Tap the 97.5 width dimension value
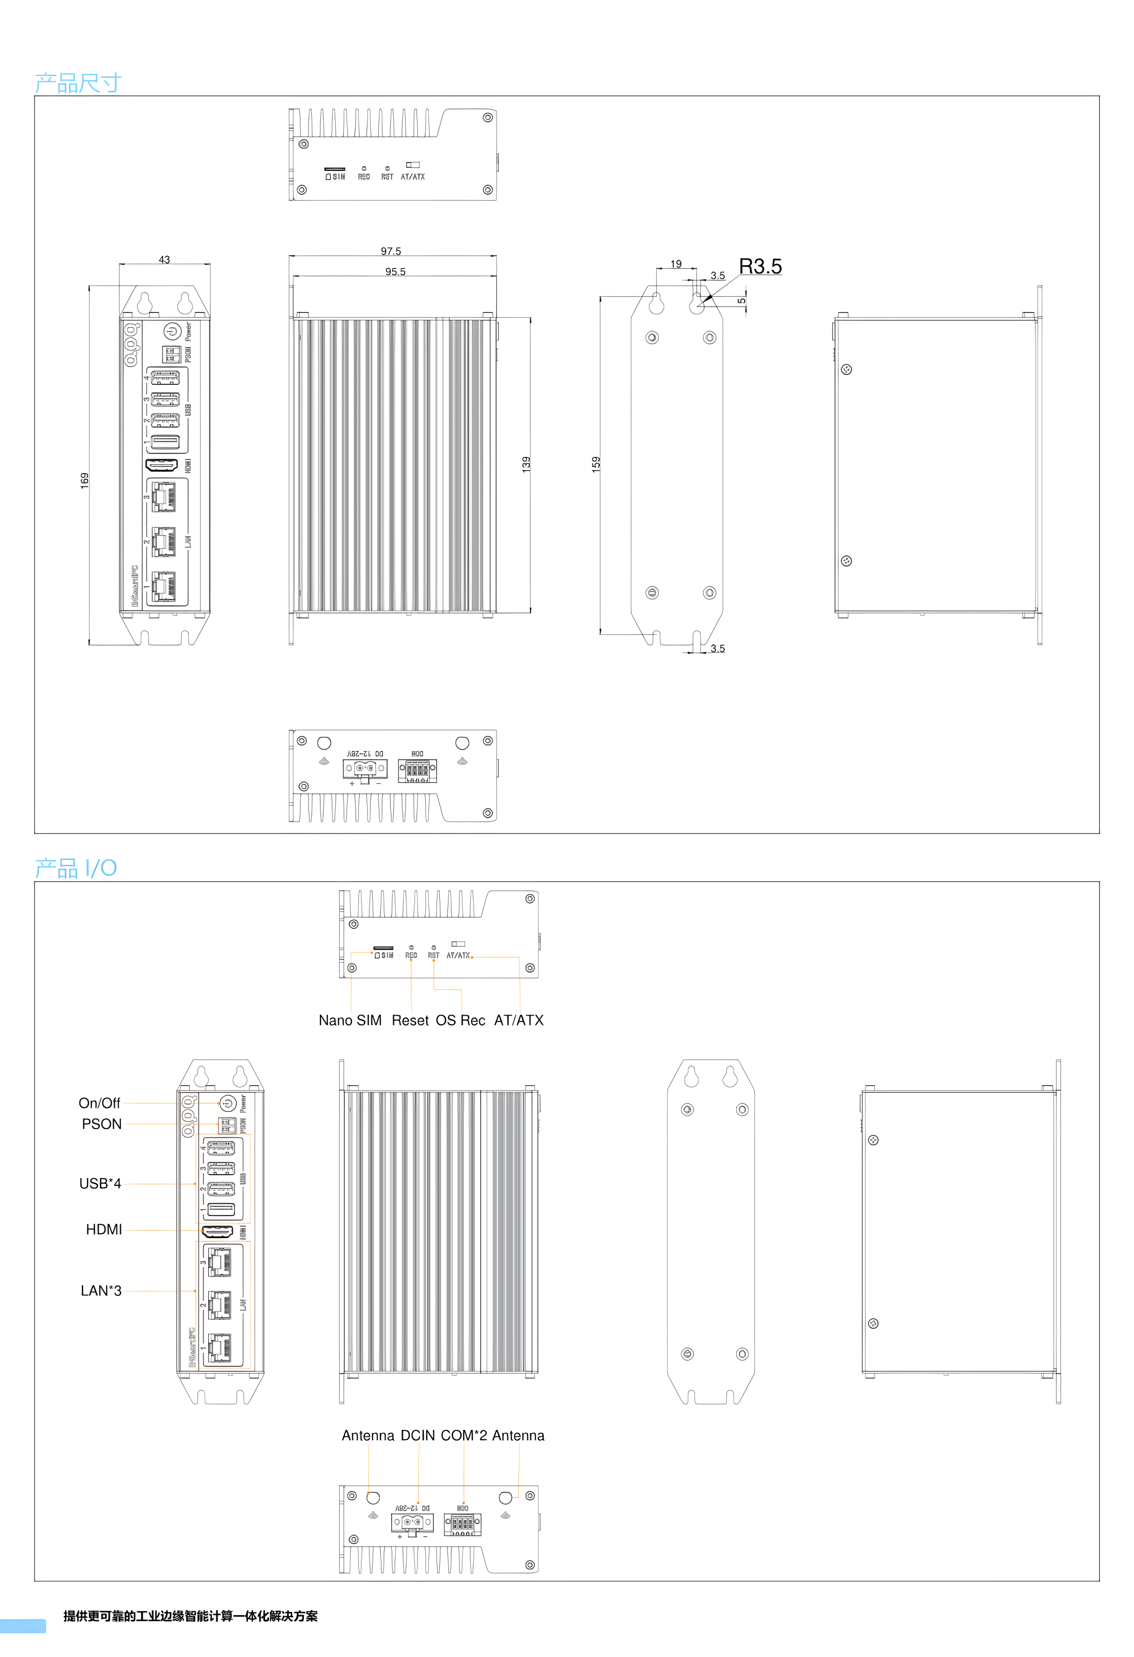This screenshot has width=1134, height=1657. [x=391, y=251]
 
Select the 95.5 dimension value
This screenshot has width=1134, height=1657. [x=395, y=272]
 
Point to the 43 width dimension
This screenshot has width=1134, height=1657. [x=164, y=259]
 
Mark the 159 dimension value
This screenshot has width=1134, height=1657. [x=596, y=464]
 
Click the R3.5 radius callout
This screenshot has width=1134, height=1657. [x=760, y=266]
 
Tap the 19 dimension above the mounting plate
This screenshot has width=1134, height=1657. [x=676, y=264]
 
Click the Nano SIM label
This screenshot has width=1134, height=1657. [x=350, y=1020]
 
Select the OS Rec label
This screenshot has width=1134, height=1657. [x=460, y=1020]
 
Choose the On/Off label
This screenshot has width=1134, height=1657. [x=99, y=1103]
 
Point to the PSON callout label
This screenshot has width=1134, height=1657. [x=101, y=1124]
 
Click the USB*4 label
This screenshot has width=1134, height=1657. [x=100, y=1184]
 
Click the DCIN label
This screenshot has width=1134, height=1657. [x=417, y=1435]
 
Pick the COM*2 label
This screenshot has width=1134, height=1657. [x=463, y=1435]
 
